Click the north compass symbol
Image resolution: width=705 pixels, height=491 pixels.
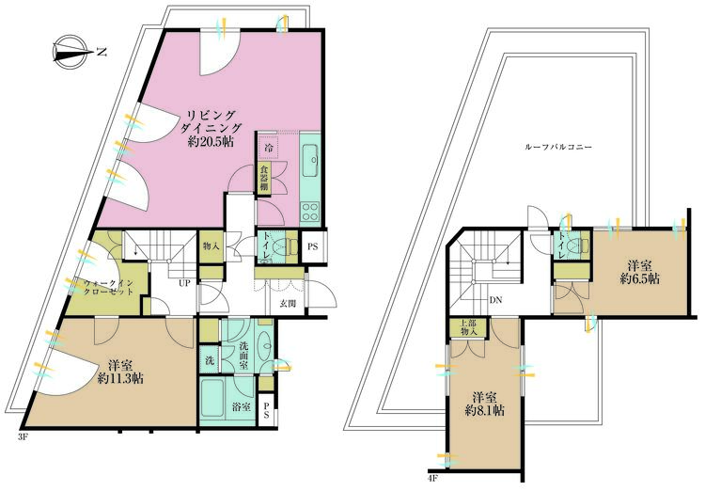tap(70, 52)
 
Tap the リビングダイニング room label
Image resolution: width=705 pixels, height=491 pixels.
tap(211, 121)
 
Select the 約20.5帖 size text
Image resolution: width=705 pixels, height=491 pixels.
tap(211, 142)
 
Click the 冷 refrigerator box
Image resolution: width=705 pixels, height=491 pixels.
tap(269, 146)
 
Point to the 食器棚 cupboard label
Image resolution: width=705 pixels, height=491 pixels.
tap(264, 178)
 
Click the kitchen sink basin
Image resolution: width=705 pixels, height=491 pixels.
tap(311, 160)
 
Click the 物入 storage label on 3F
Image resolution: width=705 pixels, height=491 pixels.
tap(211, 246)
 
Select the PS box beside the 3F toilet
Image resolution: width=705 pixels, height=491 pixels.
tap(313, 246)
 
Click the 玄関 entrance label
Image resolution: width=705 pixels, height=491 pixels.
tap(289, 304)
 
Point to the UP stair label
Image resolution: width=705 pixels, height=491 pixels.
tap(184, 283)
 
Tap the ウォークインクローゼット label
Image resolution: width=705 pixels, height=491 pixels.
tap(109, 287)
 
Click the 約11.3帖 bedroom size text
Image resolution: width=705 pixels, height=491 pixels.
tap(120, 378)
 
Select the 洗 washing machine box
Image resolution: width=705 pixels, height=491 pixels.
tap(210, 360)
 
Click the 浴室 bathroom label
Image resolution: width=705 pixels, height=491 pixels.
tap(242, 407)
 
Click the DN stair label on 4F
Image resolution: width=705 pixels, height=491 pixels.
tap(496, 300)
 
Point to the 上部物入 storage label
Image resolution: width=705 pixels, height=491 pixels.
tap(468, 327)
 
